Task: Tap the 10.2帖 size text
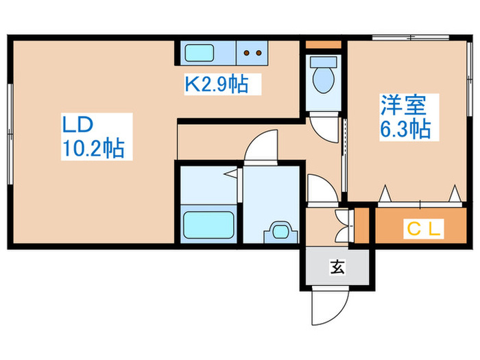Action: (94, 149)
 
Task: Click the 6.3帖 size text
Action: (406, 129)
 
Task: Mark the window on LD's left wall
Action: (10, 133)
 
